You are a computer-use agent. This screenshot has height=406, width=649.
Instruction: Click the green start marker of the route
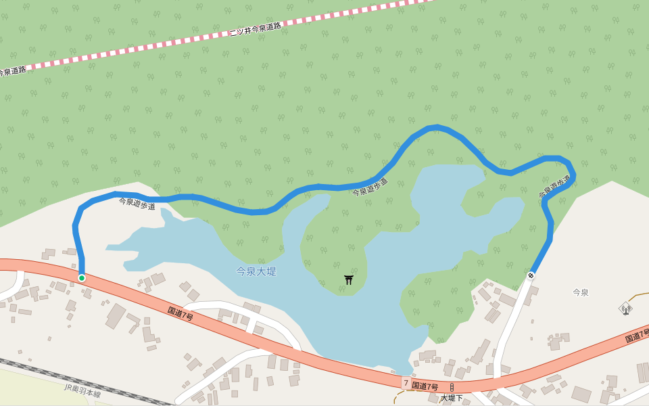click(82, 278)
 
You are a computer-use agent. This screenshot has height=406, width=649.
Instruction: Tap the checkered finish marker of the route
click(531, 275)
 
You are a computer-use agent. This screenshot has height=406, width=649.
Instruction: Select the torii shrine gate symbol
click(349, 279)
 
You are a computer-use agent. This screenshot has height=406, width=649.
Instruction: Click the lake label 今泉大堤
click(256, 271)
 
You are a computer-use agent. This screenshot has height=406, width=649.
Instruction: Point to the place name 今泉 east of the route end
click(581, 292)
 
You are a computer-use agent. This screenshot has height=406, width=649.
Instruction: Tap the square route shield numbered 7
click(406, 383)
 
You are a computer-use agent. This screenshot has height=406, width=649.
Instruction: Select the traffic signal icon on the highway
click(452, 387)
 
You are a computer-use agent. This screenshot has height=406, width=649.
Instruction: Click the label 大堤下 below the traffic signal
click(452, 398)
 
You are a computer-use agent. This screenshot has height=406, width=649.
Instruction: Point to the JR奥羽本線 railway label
click(82, 390)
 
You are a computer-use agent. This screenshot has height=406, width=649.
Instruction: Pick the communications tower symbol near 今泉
click(626, 309)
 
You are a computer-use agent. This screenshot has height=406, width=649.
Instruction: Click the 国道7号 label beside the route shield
click(425, 386)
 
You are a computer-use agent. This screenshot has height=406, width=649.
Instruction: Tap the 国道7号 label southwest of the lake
click(181, 313)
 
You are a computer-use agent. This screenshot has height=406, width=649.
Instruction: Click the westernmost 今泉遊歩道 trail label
click(137, 203)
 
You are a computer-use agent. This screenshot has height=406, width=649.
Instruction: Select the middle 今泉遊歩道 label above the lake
click(370, 187)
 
